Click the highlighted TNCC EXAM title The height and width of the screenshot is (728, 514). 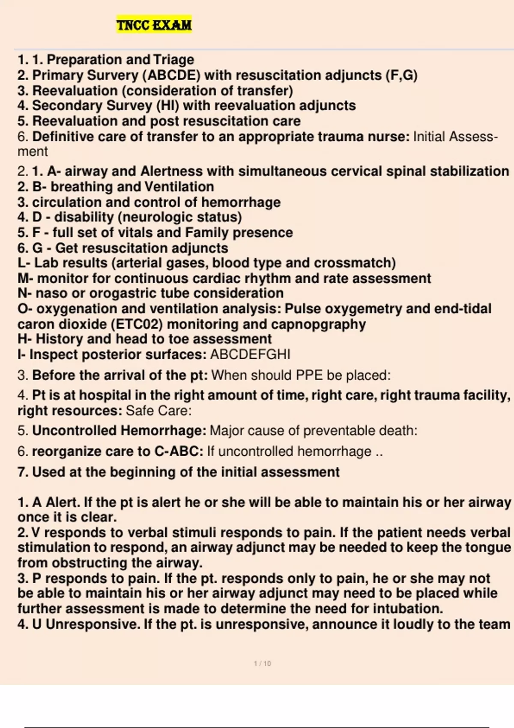154,25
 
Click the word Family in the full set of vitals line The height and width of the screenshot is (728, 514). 207,233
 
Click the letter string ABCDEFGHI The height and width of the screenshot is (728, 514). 250,355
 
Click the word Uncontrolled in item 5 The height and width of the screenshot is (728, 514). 75,430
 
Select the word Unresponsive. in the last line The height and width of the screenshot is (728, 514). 93,624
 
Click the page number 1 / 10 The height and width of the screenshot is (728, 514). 263,663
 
